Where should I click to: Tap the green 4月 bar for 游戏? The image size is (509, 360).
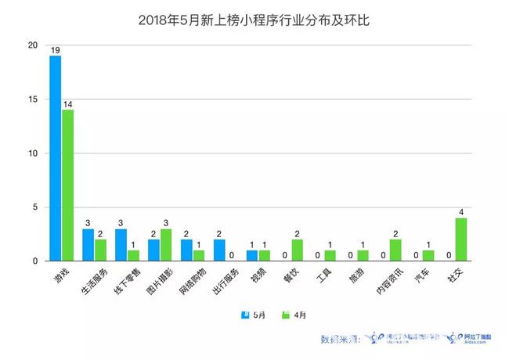click(x=69, y=185)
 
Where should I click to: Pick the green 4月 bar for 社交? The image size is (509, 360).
click(x=462, y=239)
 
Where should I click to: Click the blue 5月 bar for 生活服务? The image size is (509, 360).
click(x=88, y=244)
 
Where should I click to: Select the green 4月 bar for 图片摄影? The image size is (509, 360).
click(x=166, y=244)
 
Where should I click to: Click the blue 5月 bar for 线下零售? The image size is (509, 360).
click(x=121, y=244)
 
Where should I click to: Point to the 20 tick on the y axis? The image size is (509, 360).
click(x=32, y=45)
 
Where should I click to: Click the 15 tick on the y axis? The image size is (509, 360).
click(x=32, y=99)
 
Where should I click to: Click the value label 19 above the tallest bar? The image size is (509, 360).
click(x=56, y=50)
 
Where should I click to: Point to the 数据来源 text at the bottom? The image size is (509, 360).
click(x=339, y=339)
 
